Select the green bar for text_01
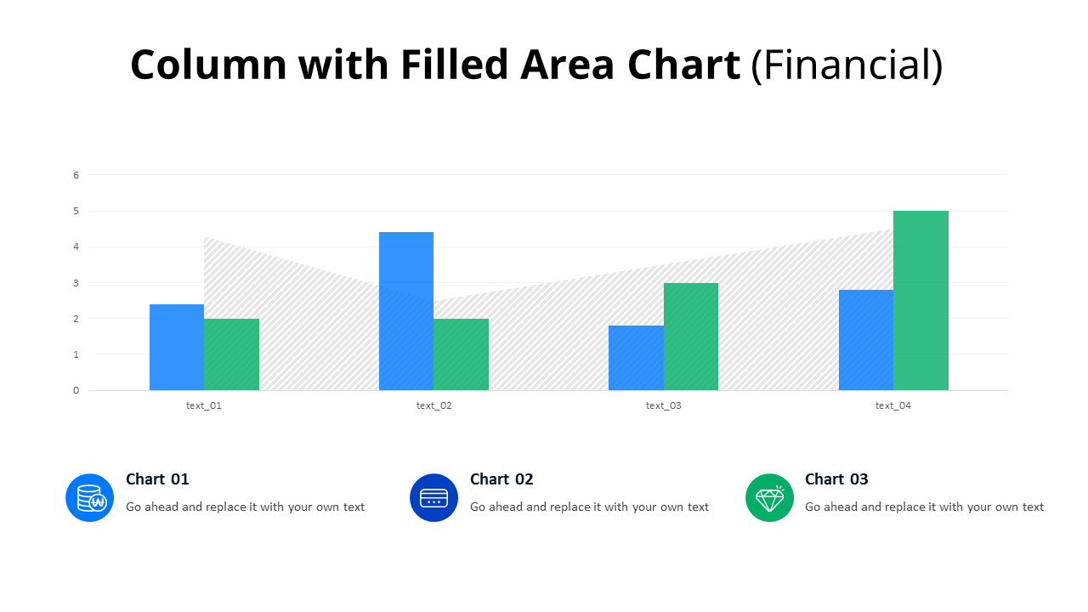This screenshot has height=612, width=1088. coord(231,354)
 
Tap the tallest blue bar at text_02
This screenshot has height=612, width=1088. coord(406,311)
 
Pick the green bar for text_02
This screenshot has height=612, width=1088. coord(461,354)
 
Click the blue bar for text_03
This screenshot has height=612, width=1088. coord(636,358)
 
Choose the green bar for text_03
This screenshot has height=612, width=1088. coord(690,337)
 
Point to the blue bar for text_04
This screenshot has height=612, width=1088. coord(865,340)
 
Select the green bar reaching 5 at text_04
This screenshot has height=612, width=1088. coord(921,301)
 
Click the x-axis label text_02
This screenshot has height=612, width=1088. coord(433,405)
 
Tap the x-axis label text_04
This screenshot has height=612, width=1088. coord(892,405)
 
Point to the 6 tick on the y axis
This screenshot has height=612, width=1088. coord(76,175)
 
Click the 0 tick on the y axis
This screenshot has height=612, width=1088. coord(76,390)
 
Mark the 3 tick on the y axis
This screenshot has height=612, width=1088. coord(76,283)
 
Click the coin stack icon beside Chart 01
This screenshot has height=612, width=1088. coord(90,497)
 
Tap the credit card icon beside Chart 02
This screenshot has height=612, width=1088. coord(433,497)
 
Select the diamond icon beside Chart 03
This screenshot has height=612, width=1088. coord(769,497)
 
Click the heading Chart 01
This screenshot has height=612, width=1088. coord(157,479)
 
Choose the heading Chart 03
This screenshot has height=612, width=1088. coord(836,479)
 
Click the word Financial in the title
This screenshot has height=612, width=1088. coord(847,65)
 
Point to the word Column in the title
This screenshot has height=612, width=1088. coord(208,65)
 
